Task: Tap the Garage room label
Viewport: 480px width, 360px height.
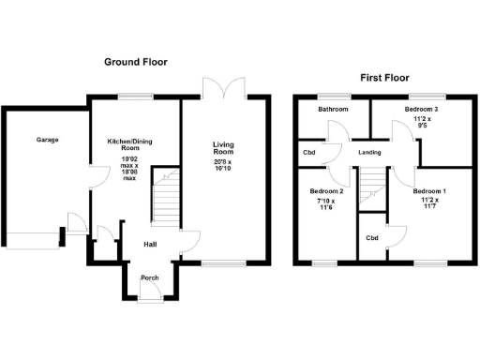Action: (48, 140)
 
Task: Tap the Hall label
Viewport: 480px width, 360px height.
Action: (149, 245)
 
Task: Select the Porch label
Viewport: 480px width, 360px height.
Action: (149, 278)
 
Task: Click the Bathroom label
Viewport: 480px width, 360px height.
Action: (332, 111)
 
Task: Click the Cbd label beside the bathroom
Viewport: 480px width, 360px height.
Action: (308, 153)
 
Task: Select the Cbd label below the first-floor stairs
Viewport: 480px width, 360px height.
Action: (372, 238)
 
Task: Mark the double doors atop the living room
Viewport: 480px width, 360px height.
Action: (224, 86)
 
